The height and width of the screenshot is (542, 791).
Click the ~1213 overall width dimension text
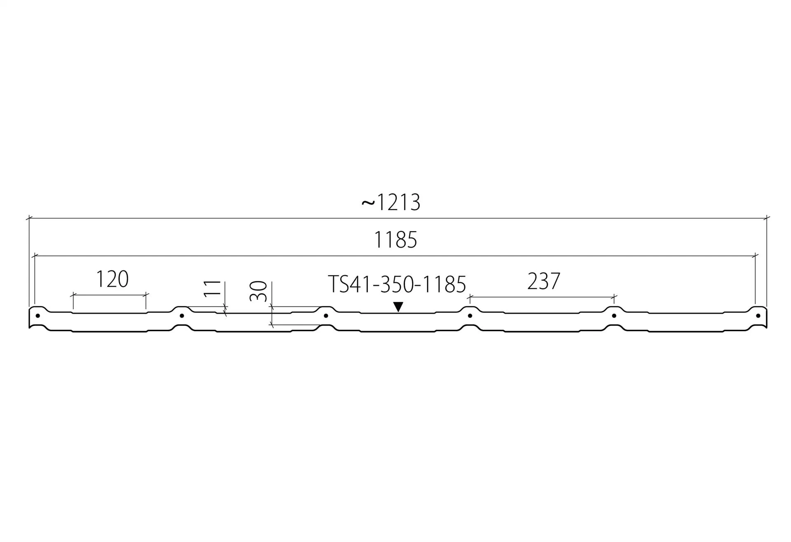coord(391,202)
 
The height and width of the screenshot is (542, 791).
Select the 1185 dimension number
coord(395,240)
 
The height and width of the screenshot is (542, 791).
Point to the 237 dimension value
coord(544,281)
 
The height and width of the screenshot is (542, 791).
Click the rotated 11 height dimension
coord(212,288)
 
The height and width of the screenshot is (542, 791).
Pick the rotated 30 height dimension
coord(258,291)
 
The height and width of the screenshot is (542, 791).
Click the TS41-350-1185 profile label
coord(397,284)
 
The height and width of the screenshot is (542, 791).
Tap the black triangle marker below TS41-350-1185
coord(398,307)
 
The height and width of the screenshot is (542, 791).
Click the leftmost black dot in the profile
coord(38,316)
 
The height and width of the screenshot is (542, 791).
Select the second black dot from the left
coord(182,316)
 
